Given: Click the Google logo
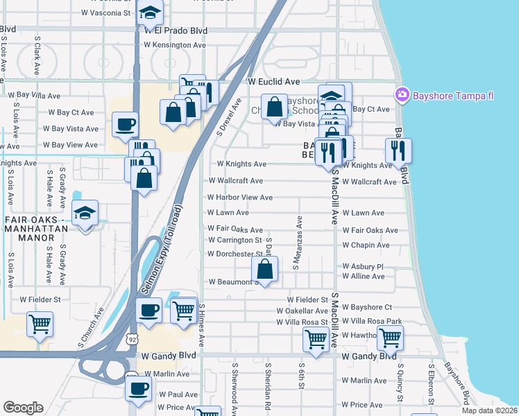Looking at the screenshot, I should click(x=23, y=408).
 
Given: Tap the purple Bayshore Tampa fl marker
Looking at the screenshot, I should click(x=402, y=94).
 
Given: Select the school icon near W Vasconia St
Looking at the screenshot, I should click(x=149, y=12).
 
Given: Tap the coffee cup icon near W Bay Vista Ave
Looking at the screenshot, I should click(x=125, y=125).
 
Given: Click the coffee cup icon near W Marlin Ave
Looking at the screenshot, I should click(x=138, y=388).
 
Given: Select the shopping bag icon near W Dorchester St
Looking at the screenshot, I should click(x=264, y=270).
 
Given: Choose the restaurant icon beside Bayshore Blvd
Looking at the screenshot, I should click(x=398, y=150).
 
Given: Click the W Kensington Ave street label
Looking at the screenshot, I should click(x=175, y=45).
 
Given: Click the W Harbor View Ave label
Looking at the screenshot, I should click(x=239, y=198).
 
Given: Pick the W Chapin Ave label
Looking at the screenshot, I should click(x=366, y=245).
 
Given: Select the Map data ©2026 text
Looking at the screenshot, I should click(x=490, y=410).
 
